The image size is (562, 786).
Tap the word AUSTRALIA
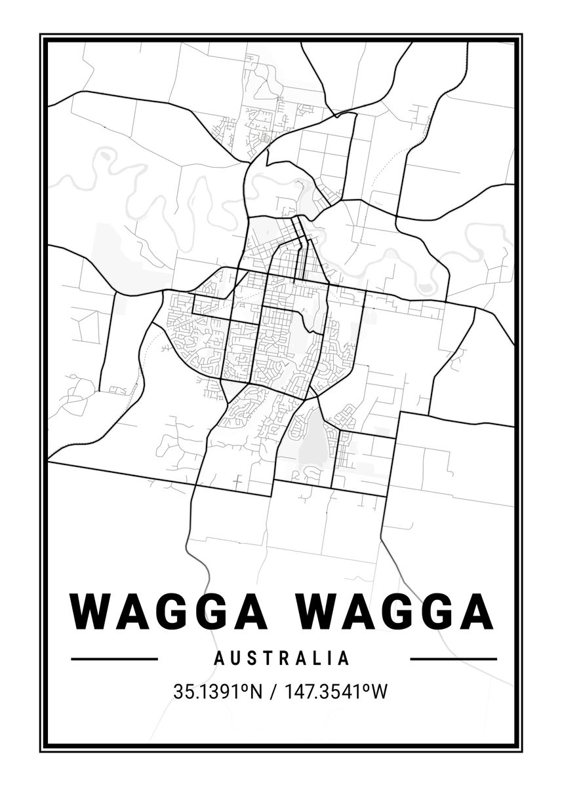click(x=281, y=658)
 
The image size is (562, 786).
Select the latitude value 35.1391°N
click(x=217, y=691)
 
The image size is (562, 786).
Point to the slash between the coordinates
click(x=271, y=691)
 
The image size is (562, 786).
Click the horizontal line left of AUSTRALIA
click(x=114, y=658)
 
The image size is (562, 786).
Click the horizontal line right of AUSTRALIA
click(x=453, y=658)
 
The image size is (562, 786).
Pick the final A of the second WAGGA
click(x=477, y=611)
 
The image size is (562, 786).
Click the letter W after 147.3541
click(x=379, y=691)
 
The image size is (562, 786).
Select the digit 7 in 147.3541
click(x=302, y=691)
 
